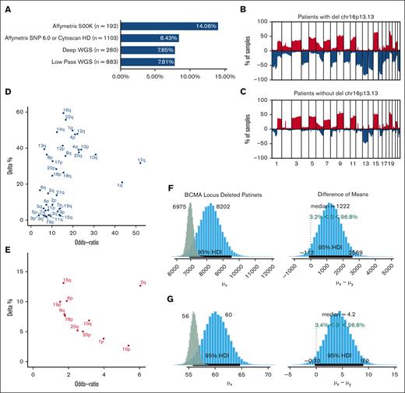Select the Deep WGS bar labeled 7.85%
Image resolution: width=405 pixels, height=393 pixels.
148,49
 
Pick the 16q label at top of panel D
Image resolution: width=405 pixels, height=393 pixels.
67,111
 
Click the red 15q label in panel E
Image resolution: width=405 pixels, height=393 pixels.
67,279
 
